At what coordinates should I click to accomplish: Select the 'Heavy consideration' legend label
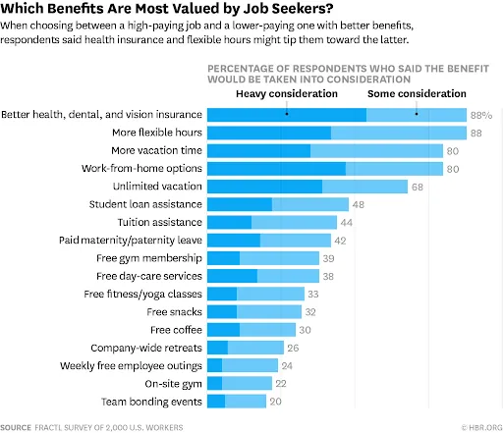click(287, 93)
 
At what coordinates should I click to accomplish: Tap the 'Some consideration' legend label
click(417, 93)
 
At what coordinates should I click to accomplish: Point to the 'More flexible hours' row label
click(156, 133)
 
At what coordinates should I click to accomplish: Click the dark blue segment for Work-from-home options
click(275, 169)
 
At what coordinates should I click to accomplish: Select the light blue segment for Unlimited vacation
click(364, 187)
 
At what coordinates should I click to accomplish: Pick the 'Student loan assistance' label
click(146, 204)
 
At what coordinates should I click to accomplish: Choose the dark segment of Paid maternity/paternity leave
click(233, 241)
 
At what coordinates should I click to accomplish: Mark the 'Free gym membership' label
click(151, 258)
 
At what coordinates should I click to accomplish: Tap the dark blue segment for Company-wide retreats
click(217, 348)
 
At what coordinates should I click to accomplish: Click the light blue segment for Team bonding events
click(246, 401)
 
